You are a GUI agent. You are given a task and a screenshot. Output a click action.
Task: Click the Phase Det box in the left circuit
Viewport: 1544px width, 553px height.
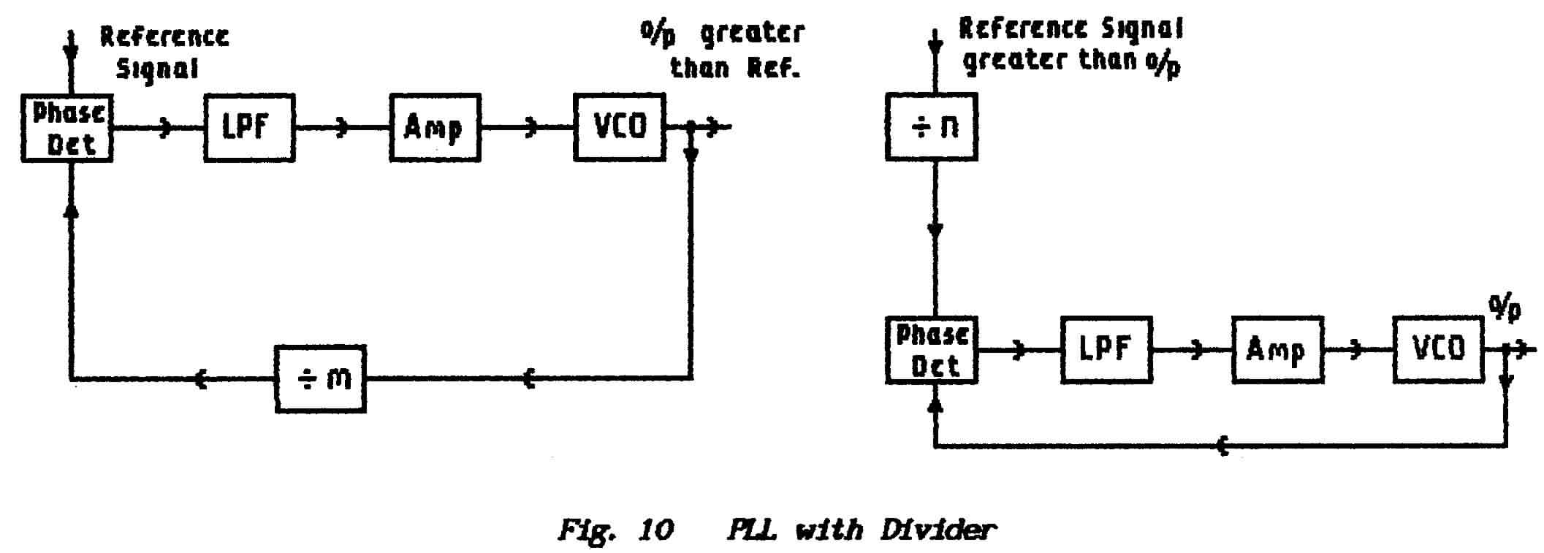pyautogui.click(x=66, y=128)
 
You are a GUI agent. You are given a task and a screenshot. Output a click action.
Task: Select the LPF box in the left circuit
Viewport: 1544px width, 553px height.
pyautogui.click(x=248, y=128)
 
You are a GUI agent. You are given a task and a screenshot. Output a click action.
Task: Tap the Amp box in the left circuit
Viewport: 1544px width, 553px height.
pyautogui.click(x=434, y=128)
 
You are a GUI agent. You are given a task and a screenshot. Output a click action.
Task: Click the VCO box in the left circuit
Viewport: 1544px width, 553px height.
pyautogui.click(x=619, y=127)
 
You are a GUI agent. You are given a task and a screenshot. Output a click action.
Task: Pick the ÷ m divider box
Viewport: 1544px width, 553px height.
pyautogui.click(x=320, y=379)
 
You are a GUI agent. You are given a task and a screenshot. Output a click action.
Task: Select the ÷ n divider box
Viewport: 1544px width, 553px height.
pyautogui.click(x=931, y=127)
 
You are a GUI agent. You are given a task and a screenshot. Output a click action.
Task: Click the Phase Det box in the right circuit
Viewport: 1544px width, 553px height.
pyautogui.click(x=931, y=350)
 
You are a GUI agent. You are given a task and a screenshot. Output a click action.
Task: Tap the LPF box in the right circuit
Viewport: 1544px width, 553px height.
pyautogui.click(x=1106, y=350)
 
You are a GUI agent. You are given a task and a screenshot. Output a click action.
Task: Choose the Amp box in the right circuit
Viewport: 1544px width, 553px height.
pyautogui.click(x=1276, y=350)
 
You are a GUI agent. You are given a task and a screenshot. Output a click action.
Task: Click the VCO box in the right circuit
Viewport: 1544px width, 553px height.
pyautogui.click(x=1437, y=350)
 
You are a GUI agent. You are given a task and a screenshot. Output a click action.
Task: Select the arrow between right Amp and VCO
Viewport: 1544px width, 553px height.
pyautogui.click(x=1357, y=351)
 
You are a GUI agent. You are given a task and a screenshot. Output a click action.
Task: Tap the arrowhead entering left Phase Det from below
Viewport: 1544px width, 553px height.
pyautogui.click(x=71, y=210)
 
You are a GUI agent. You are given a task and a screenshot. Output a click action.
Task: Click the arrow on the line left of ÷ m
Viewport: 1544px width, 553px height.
pyautogui.click(x=201, y=379)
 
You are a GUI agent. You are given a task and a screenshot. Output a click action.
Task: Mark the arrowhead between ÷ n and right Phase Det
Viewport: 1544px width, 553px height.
pyautogui.click(x=935, y=230)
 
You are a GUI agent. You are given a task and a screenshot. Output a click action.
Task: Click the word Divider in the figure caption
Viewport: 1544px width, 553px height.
pyautogui.click(x=938, y=529)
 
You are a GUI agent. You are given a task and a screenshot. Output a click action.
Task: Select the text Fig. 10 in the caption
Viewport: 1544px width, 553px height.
pyautogui.click(x=615, y=529)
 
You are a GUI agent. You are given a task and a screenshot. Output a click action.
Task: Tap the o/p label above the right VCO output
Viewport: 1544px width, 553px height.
pyautogui.click(x=1505, y=309)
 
